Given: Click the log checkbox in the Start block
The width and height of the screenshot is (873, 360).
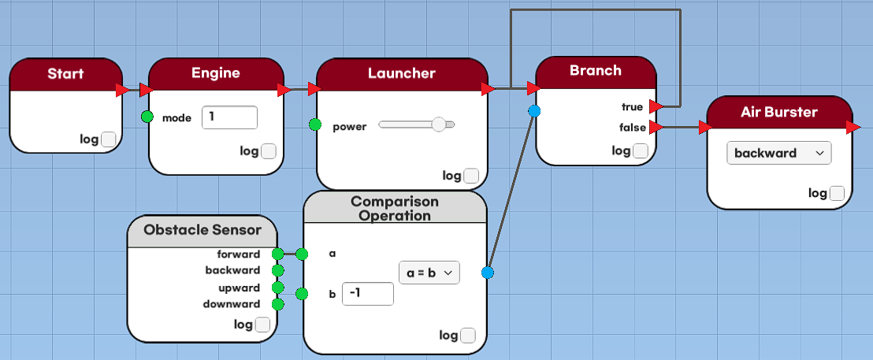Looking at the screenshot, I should pos(109,139).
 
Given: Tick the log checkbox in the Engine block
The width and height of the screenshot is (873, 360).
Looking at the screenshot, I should pos(269,151).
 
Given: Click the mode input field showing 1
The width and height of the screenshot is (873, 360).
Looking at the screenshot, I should pos(229,117).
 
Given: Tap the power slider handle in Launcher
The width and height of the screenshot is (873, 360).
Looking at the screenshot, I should pos(439,124).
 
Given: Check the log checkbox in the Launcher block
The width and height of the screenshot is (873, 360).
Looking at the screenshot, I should pos(471,176).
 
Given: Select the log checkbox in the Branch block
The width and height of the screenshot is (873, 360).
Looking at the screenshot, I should pos(641,150).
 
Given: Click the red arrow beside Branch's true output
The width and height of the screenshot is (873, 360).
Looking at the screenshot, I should pos(656,106).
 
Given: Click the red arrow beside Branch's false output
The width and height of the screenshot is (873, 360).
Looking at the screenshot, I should pos(656,127).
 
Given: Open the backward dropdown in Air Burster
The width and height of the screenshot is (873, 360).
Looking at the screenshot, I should pos(779,153).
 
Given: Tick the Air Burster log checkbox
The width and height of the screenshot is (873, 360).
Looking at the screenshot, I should pos(838,193).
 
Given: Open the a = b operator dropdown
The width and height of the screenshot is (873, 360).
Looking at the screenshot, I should pos(429,273).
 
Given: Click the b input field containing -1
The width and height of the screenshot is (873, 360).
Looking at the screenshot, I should pos(367,294).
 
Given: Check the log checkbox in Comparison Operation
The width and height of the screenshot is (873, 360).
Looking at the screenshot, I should pos(468,336).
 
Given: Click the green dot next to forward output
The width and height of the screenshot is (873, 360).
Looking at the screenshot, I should pos(277,254).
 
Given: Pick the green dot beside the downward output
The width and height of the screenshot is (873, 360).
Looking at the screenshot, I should pos(277,304).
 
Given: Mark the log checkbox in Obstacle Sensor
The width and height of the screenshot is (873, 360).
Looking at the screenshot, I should pos(262,325).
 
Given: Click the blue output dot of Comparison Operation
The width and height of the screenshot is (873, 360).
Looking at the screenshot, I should pos(487,273).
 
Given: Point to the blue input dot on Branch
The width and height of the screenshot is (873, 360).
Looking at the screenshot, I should pos(534,111).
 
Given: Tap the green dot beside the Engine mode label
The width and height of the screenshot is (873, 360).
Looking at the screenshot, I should pos(147,117).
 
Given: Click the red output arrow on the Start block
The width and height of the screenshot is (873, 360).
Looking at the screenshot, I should pos(122,90).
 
